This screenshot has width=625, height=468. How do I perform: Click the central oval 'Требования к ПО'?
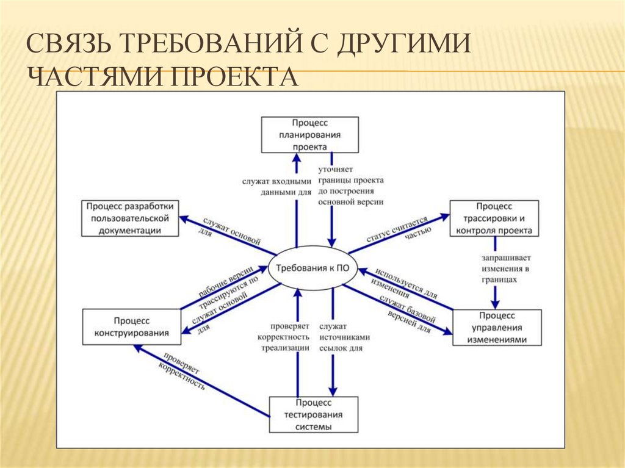click(x=313, y=269)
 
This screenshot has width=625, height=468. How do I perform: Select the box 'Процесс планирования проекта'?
click(x=309, y=135)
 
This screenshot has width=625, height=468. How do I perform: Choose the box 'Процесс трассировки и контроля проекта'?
click(x=494, y=218)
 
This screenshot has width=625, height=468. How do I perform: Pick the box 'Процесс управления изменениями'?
click(x=496, y=328)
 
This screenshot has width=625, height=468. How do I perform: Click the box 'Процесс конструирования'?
click(x=131, y=327)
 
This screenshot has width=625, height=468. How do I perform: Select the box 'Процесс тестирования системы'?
click(x=313, y=415)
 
